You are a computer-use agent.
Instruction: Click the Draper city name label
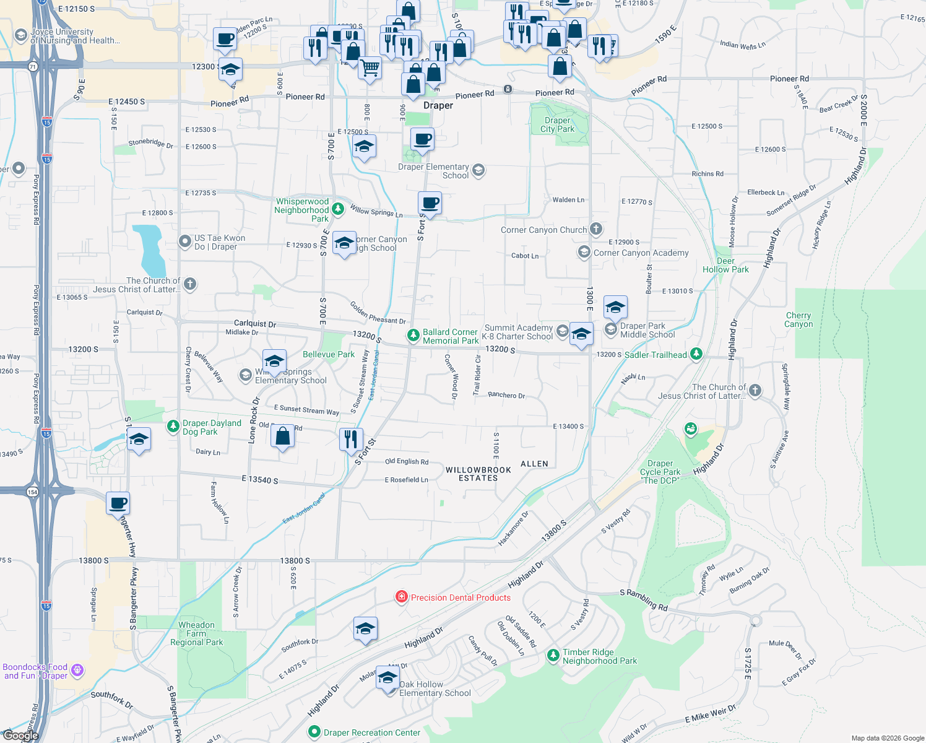pyautogui.click(x=438, y=106)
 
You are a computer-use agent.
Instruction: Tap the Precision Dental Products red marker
pyautogui.click(x=402, y=597)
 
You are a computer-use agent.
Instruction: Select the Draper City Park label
pyautogui.click(x=557, y=125)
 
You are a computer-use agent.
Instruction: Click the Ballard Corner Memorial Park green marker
pyautogui.click(x=413, y=336)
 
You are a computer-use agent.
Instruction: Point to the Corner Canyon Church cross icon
pyautogui.click(x=595, y=230)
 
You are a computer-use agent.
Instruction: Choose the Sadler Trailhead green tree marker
pyautogui.click(x=696, y=354)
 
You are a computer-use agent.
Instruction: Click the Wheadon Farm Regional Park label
pyautogui.click(x=196, y=633)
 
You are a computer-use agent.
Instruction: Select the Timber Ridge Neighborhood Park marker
pyautogui.click(x=553, y=656)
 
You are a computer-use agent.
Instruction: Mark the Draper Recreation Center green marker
pyautogui.click(x=314, y=732)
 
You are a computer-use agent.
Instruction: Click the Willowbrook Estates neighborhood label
pyautogui.click(x=478, y=474)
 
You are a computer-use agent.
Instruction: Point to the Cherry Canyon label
pyautogui.click(x=798, y=319)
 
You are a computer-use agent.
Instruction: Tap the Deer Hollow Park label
pyautogui.click(x=725, y=265)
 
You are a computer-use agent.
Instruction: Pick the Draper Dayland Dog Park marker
pyautogui.click(x=173, y=427)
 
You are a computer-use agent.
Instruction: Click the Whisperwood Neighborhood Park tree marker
pyautogui.click(x=337, y=209)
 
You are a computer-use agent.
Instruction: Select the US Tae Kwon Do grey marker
pyautogui.click(x=185, y=241)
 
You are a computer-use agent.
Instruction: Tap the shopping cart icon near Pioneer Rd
pyautogui.click(x=370, y=66)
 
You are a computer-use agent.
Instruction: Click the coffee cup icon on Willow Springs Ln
pyautogui.click(x=430, y=202)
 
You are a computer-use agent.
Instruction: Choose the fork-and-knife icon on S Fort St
pyautogui.click(x=351, y=438)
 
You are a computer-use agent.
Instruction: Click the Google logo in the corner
pyautogui.click(x=20, y=736)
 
